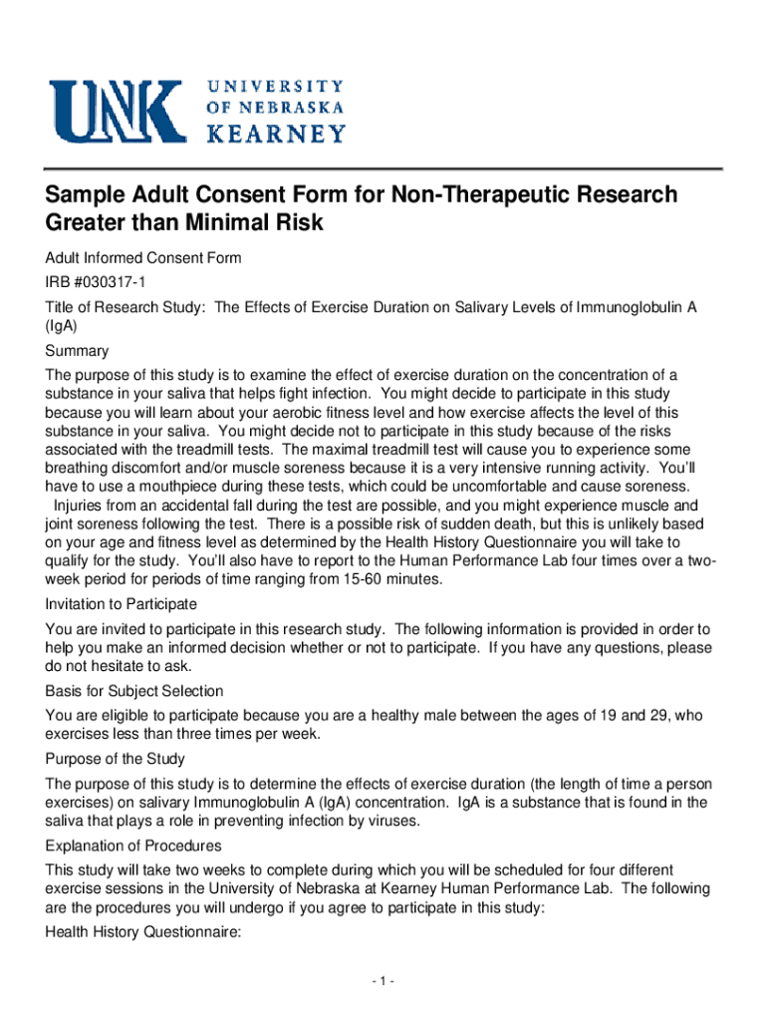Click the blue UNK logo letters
pyautogui.click(x=118, y=111)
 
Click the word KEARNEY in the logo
pyautogui.click(x=276, y=132)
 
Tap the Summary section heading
pyautogui.click(x=77, y=351)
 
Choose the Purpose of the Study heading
pyautogui.click(x=116, y=759)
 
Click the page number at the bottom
pyautogui.click(x=383, y=982)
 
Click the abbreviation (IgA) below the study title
pyautogui.click(x=62, y=326)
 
